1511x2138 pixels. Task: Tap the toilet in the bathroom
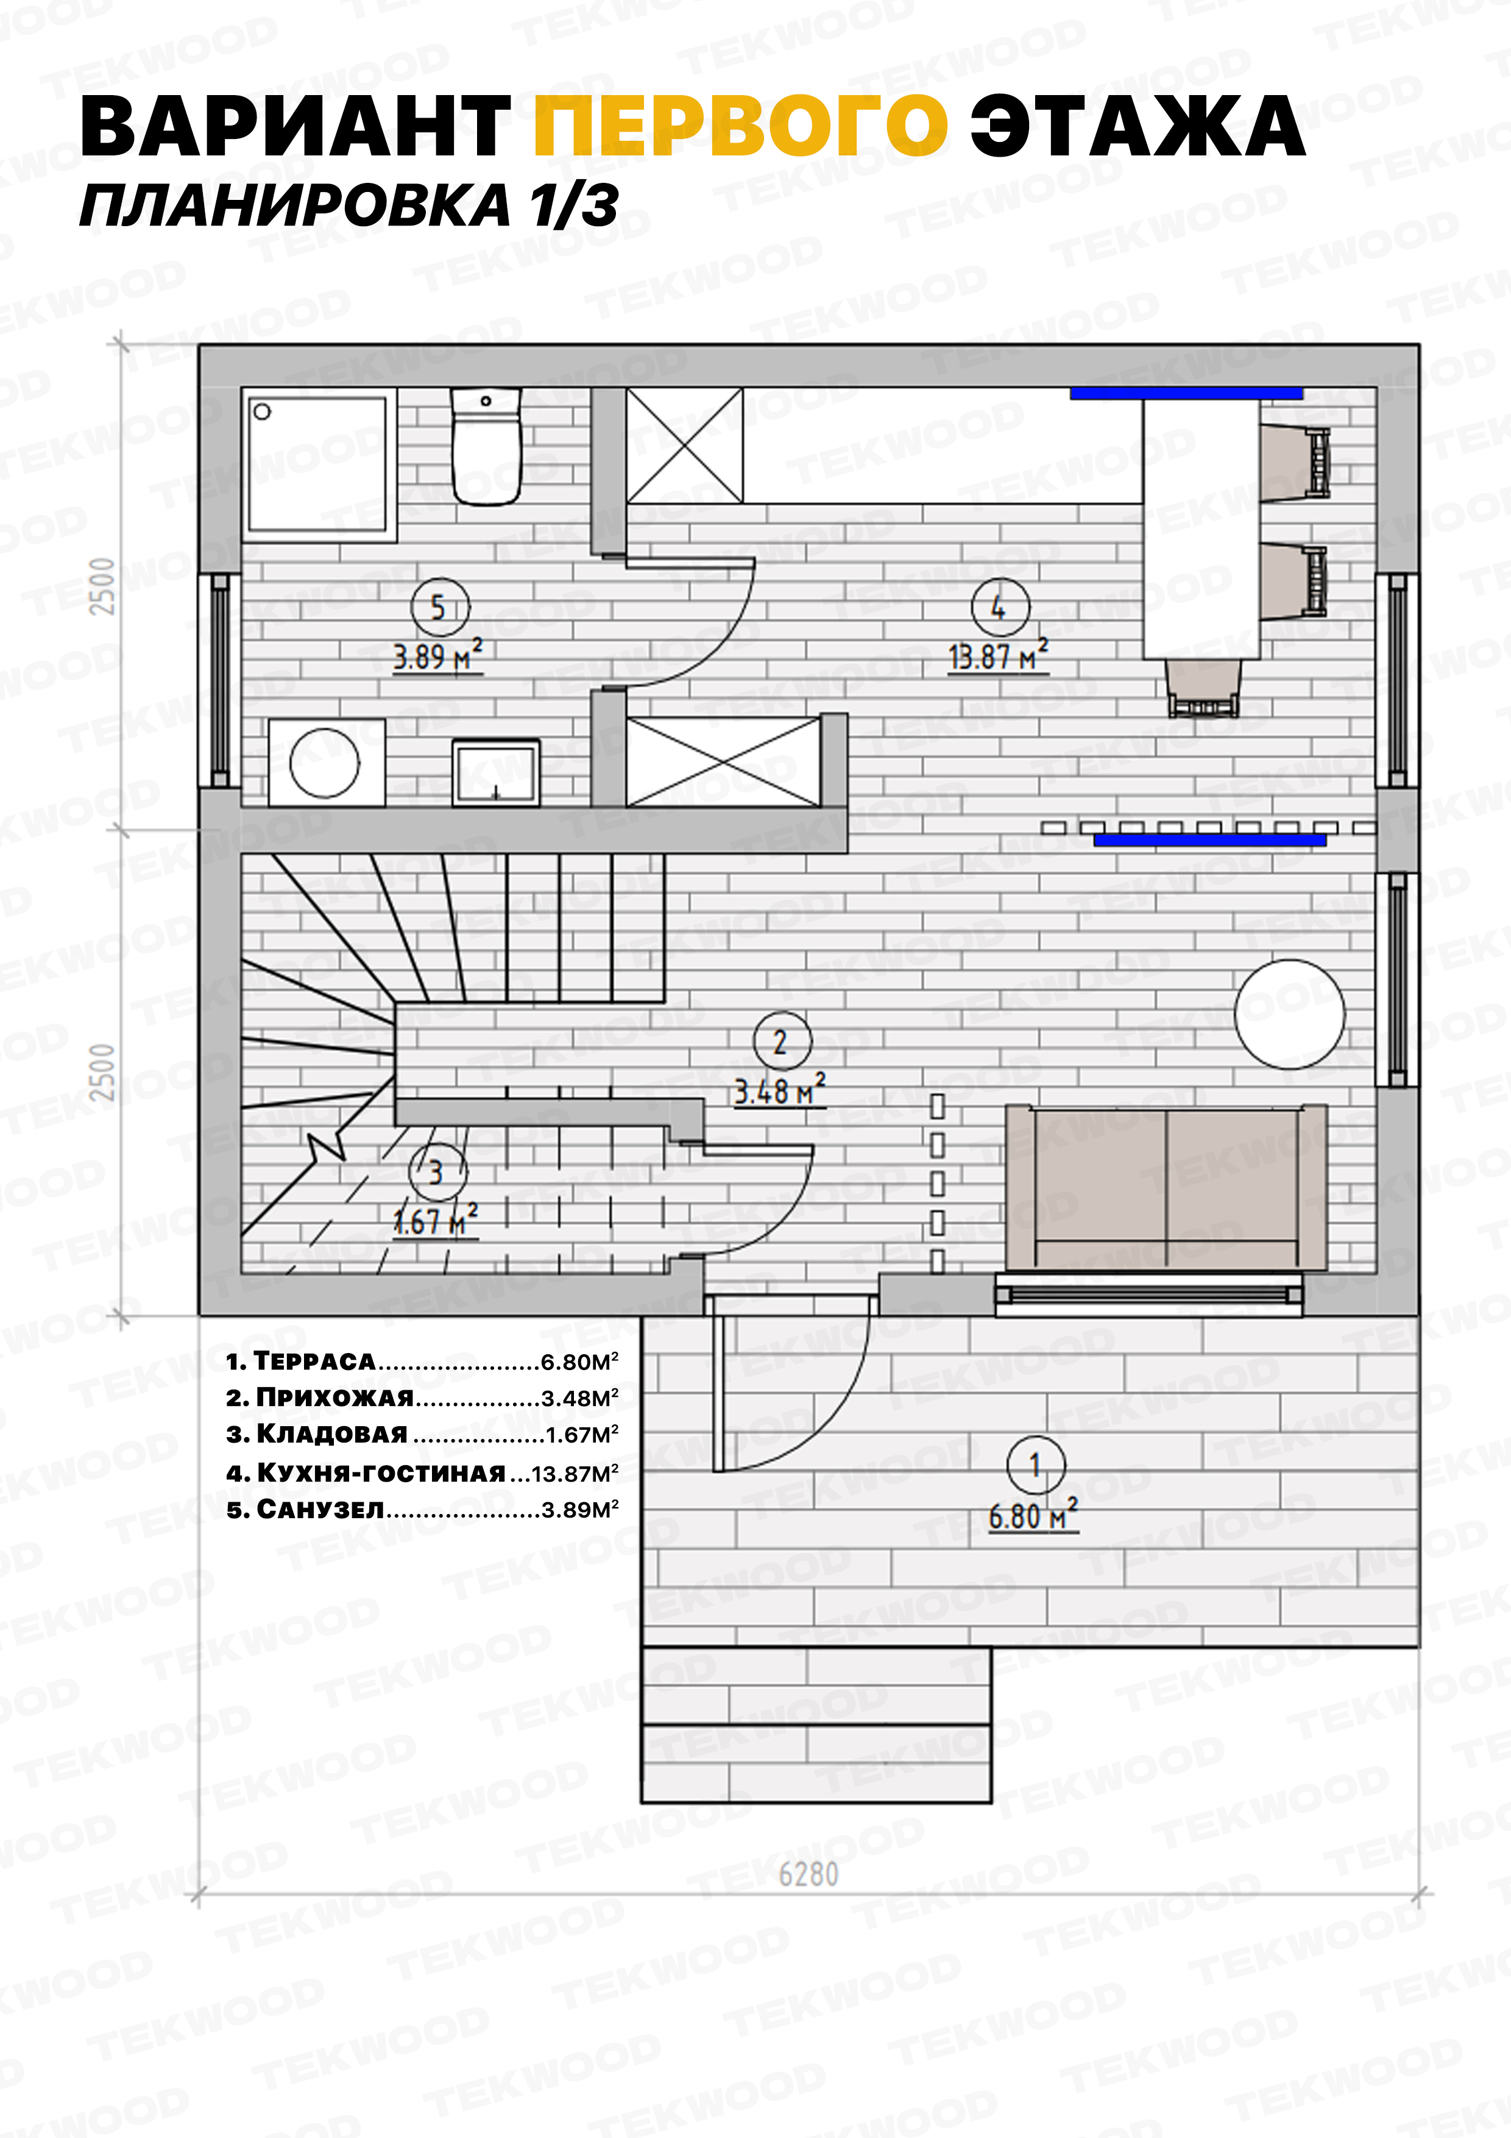pyautogui.click(x=485, y=447)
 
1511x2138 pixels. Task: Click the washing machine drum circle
pyautogui.click(x=324, y=762)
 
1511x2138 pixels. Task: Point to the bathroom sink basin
pyautogui.click(x=496, y=772)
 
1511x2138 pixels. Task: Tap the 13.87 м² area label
pyautogui.click(x=998, y=656)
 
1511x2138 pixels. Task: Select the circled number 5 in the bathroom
pyautogui.click(x=439, y=607)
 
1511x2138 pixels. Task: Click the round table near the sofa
pyautogui.click(x=1289, y=1014)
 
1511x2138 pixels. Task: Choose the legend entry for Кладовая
pyautogui.click(x=422, y=1434)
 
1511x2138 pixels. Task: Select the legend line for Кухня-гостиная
pyautogui.click(x=422, y=1472)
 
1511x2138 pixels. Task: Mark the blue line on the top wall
pyautogui.click(x=1186, y=394)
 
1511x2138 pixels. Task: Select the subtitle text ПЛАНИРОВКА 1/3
pyautogui.click(x=349, y=206)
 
